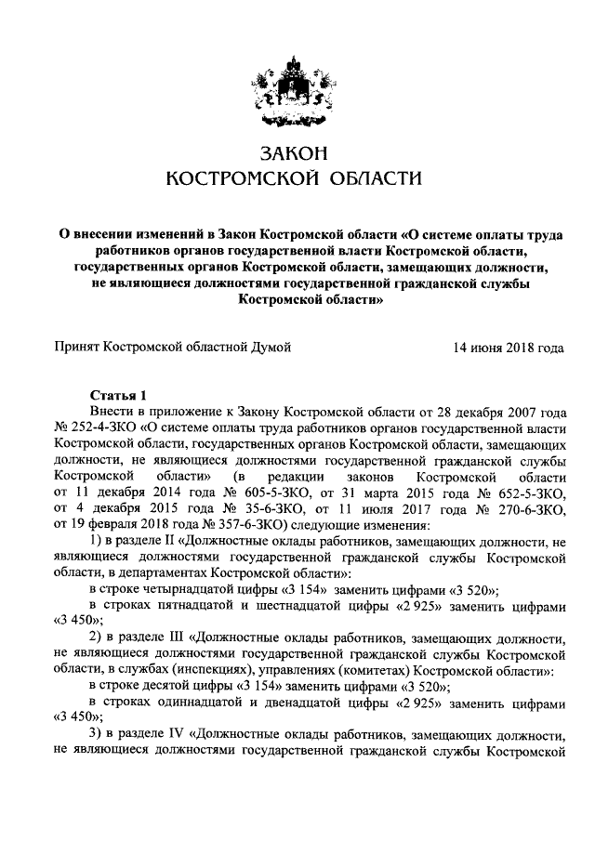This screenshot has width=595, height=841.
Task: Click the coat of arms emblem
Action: [297, 87]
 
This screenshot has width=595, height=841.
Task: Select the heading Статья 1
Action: [118, 394]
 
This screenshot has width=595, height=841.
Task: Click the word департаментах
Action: [162, 574]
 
